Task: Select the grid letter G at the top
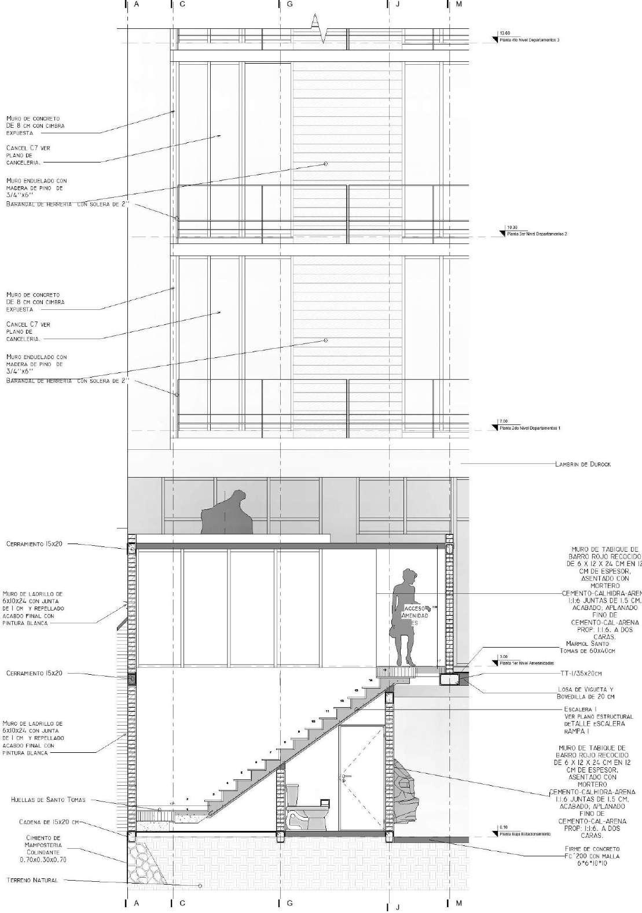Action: click(289, 4)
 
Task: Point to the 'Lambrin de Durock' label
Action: click(582, 464)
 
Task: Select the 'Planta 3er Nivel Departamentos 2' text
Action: click(537, 234)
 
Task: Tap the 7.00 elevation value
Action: click(503, 421)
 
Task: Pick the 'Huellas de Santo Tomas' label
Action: click(48, 800)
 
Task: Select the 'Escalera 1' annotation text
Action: click(579, 708)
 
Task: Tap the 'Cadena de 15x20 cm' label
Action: click(48, 821)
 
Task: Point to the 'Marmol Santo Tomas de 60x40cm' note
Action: click(590, 647)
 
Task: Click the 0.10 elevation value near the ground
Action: click(502, 827)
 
